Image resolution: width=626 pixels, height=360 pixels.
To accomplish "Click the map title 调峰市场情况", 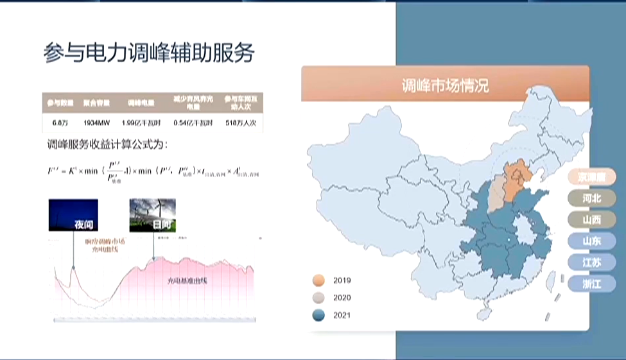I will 445,85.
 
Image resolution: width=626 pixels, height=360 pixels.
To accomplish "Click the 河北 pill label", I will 591,198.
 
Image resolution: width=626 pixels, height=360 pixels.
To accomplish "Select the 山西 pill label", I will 591,219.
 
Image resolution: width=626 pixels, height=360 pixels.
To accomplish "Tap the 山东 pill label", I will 591,241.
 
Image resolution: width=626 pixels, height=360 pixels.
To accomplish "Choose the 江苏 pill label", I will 591,262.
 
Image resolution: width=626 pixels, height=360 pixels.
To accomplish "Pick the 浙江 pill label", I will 591,284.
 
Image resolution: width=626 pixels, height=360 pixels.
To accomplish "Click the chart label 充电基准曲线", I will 189,281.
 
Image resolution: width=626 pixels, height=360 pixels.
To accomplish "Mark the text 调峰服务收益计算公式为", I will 107,143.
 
